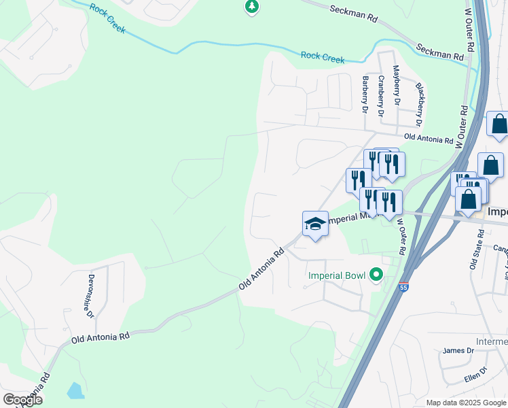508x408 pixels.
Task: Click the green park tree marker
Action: (x=252, y=7)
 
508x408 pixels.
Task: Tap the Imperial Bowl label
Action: (x=336, y=275)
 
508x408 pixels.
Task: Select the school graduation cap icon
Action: (x=315, y=224)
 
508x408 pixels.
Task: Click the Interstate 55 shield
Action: (x=404, y=288)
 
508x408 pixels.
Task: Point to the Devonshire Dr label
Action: (x=89, y=292)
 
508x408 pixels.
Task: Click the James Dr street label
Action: (x=458, y=350)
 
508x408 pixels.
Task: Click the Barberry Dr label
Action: (x=365, y=94)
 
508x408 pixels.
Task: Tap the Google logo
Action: (x=22, y=400)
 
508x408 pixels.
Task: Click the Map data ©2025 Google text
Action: (x=465, y=403)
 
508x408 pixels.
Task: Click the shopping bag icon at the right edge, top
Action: (x=498, y=125)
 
